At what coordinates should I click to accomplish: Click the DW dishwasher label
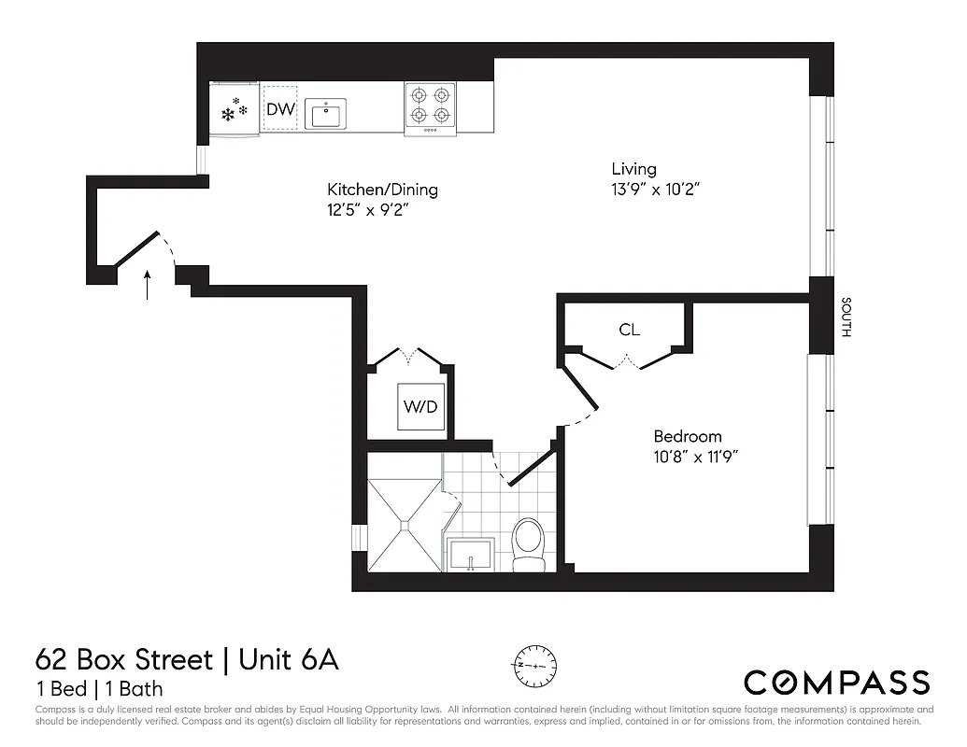pos(280,109)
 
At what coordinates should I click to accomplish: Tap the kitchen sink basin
pos(324,115)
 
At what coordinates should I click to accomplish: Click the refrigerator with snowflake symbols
pos(235,109)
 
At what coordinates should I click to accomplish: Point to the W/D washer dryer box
pos(420,407)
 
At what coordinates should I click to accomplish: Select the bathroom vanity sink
pos(474,554)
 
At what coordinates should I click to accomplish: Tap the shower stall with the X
pos(404,524)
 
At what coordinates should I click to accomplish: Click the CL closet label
pos(629,330)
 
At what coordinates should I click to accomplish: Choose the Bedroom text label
pos(687,436)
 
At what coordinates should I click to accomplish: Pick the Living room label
pos(633,169)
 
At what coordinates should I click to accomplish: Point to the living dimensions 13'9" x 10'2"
pos(656,189)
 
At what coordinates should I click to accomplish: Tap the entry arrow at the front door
pos(147,285)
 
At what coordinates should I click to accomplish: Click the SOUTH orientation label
pos(846,318)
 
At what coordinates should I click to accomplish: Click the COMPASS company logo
pos(836,682)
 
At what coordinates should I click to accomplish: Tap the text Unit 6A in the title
pos(289,660)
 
